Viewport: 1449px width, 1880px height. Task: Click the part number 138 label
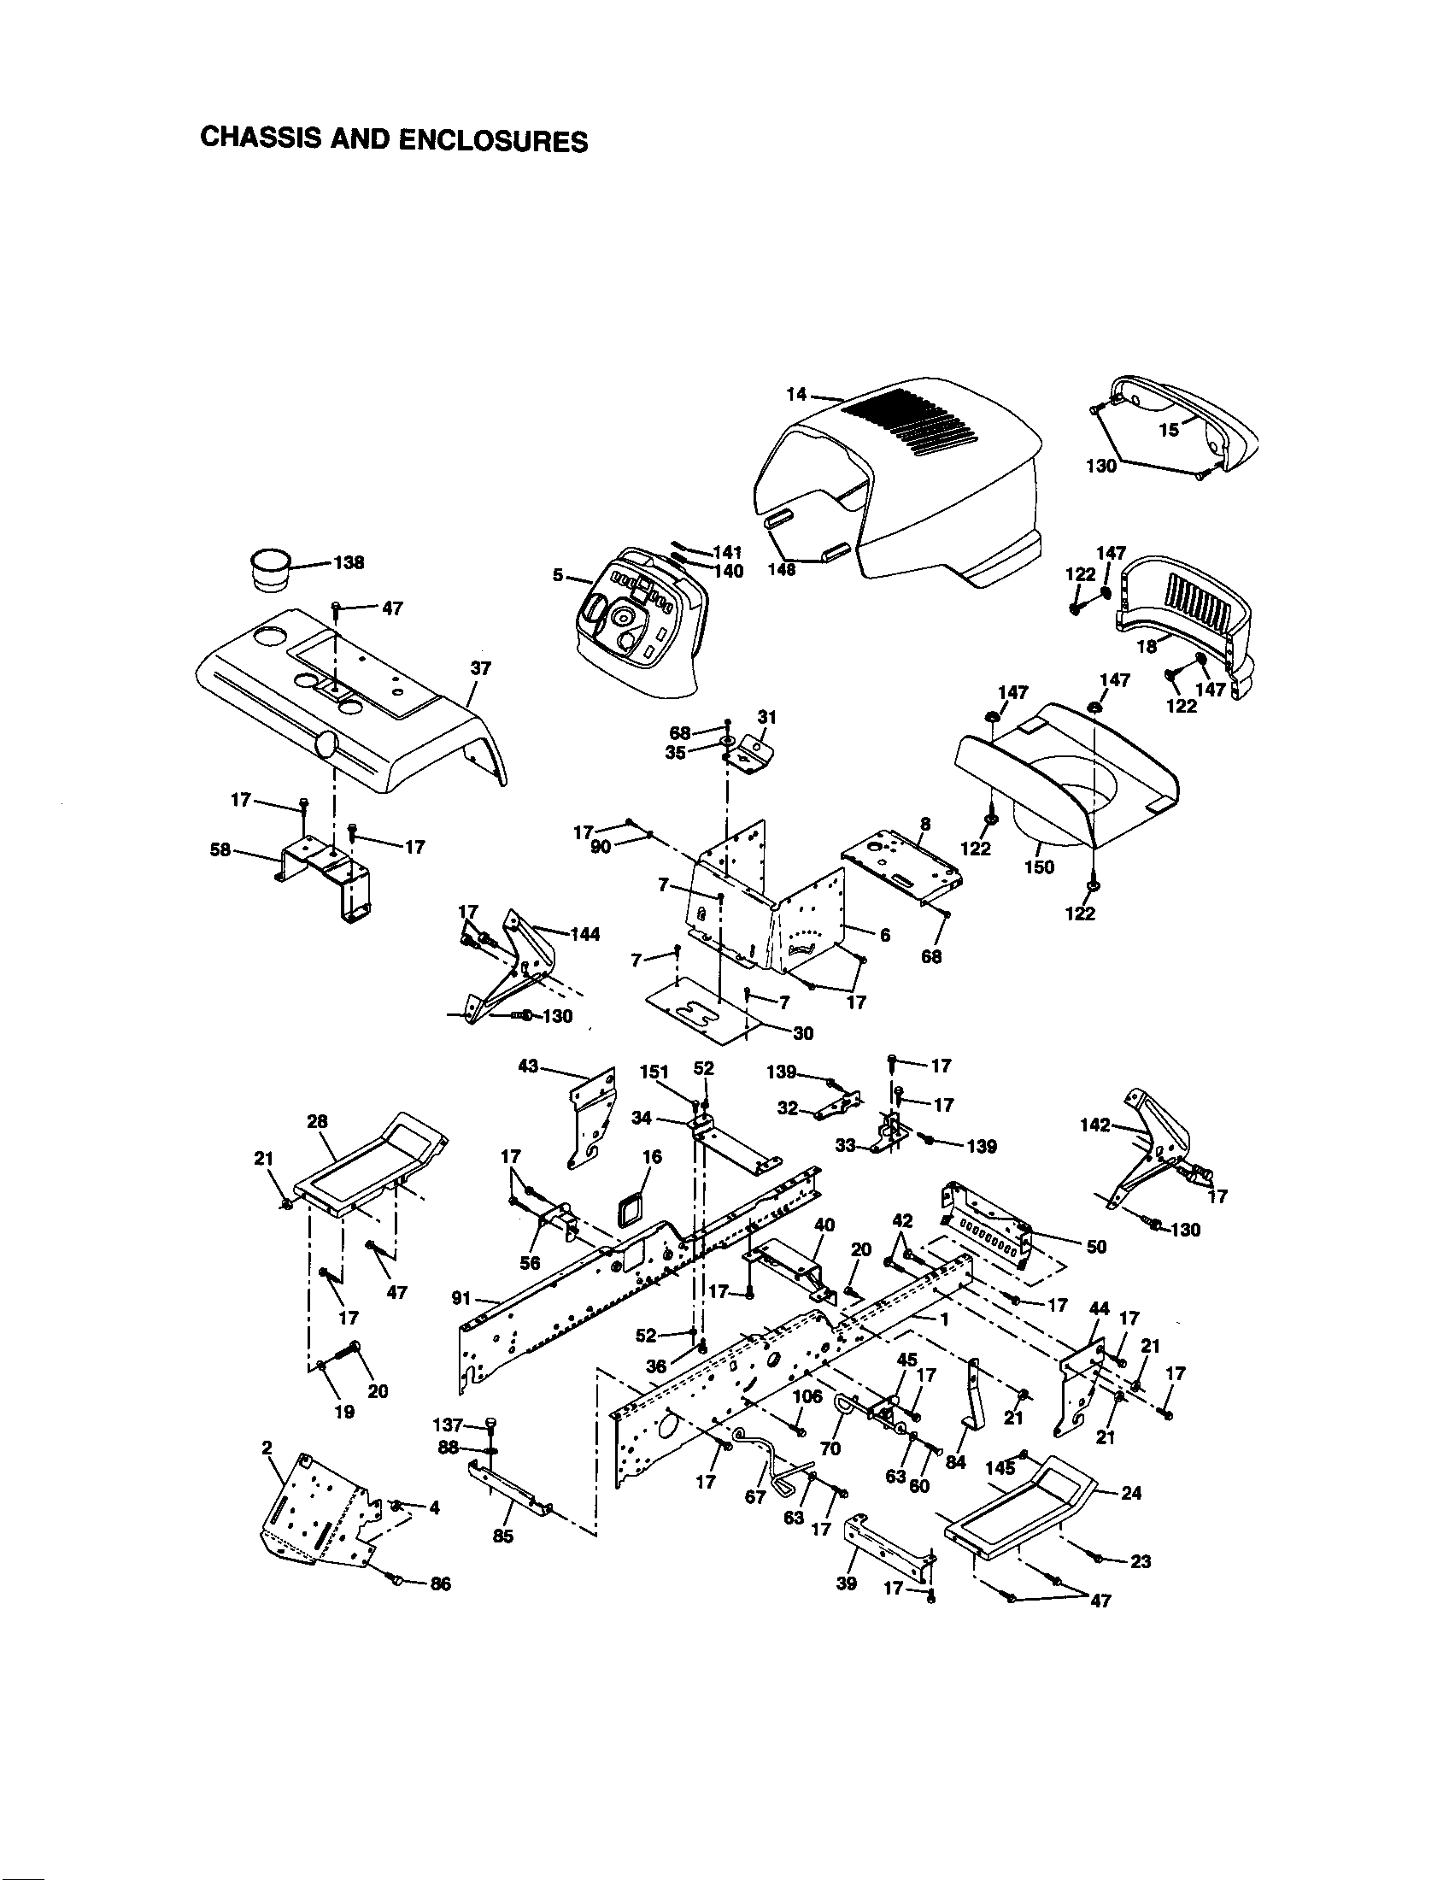coord(349,563)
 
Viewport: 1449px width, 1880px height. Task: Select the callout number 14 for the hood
coord(796,394)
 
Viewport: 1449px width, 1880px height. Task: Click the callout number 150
coord(1040,867)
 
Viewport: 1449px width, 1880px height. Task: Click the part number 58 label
coord(220,849)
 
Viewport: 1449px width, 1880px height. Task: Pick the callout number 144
coord(585,934)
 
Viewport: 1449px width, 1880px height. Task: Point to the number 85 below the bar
coord(503,1536)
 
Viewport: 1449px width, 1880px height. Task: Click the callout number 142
coord(1095,1125)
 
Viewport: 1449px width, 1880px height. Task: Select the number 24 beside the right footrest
coord(1131,1494)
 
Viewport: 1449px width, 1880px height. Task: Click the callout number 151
coord(654,1072)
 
